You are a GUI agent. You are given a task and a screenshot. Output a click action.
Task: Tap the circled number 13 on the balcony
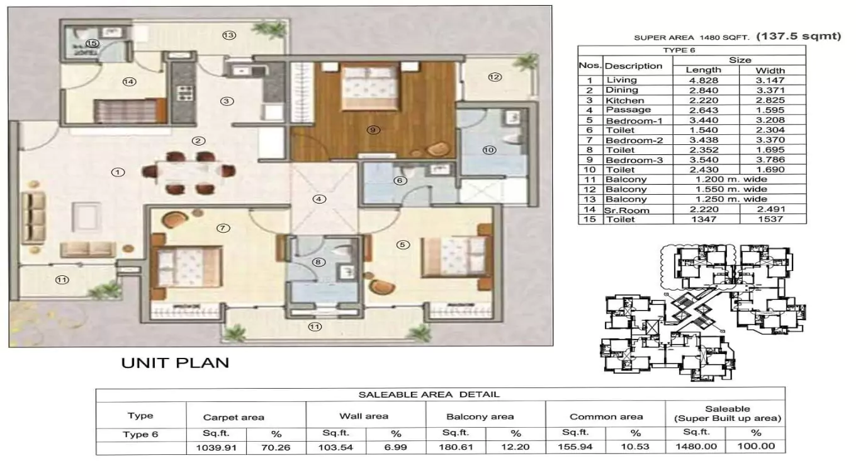228,35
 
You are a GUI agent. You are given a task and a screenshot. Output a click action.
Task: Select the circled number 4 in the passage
320,199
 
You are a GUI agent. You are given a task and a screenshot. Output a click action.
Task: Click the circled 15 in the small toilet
93,43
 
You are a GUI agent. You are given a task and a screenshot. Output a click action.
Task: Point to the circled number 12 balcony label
494,77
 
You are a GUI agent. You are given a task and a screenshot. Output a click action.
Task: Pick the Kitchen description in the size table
624,100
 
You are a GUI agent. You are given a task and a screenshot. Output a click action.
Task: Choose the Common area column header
606,416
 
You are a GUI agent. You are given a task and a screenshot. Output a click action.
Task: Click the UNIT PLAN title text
174,363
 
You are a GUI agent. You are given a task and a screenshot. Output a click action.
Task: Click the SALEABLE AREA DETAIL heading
429,394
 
